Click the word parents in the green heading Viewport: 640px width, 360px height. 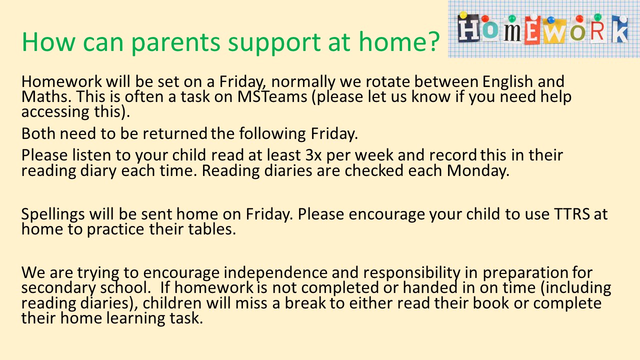[175, 43]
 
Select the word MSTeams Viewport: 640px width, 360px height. [272, 96]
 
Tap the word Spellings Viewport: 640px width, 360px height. [53, 214]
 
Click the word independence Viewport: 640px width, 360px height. [275, 273]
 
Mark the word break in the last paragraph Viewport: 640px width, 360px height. [305, 303]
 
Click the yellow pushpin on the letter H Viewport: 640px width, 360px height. [463, 15]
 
